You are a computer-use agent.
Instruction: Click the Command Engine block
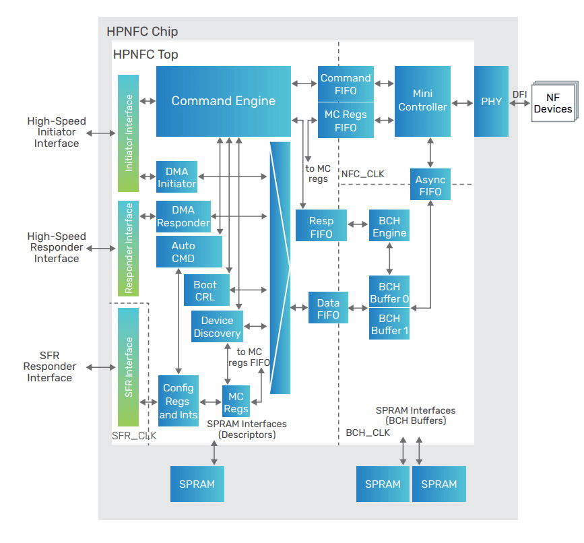tap(223, 101)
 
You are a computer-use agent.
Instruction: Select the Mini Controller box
tap(422, 100)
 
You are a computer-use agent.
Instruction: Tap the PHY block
tap(491, 101)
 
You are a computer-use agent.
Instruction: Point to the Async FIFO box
tap(430, 185)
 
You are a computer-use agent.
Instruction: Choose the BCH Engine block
tap(389, 226)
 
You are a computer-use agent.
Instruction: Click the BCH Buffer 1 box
tap(389, 324)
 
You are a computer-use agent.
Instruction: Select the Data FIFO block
tap(328, 309)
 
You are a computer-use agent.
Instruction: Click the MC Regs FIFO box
tap(346, 121)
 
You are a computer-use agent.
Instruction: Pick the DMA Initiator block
tap(176, 177)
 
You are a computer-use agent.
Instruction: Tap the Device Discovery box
tap(217, 327)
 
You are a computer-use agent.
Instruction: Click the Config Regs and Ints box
tap(179, 401)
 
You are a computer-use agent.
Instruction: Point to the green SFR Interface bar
tap(128, 367)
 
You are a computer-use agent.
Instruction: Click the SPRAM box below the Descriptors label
tap(197, 484)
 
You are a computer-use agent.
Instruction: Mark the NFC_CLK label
tap(363, 174)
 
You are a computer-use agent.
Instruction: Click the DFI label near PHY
tap(519, 94)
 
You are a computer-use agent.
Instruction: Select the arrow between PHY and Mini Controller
tap(463, 103)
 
